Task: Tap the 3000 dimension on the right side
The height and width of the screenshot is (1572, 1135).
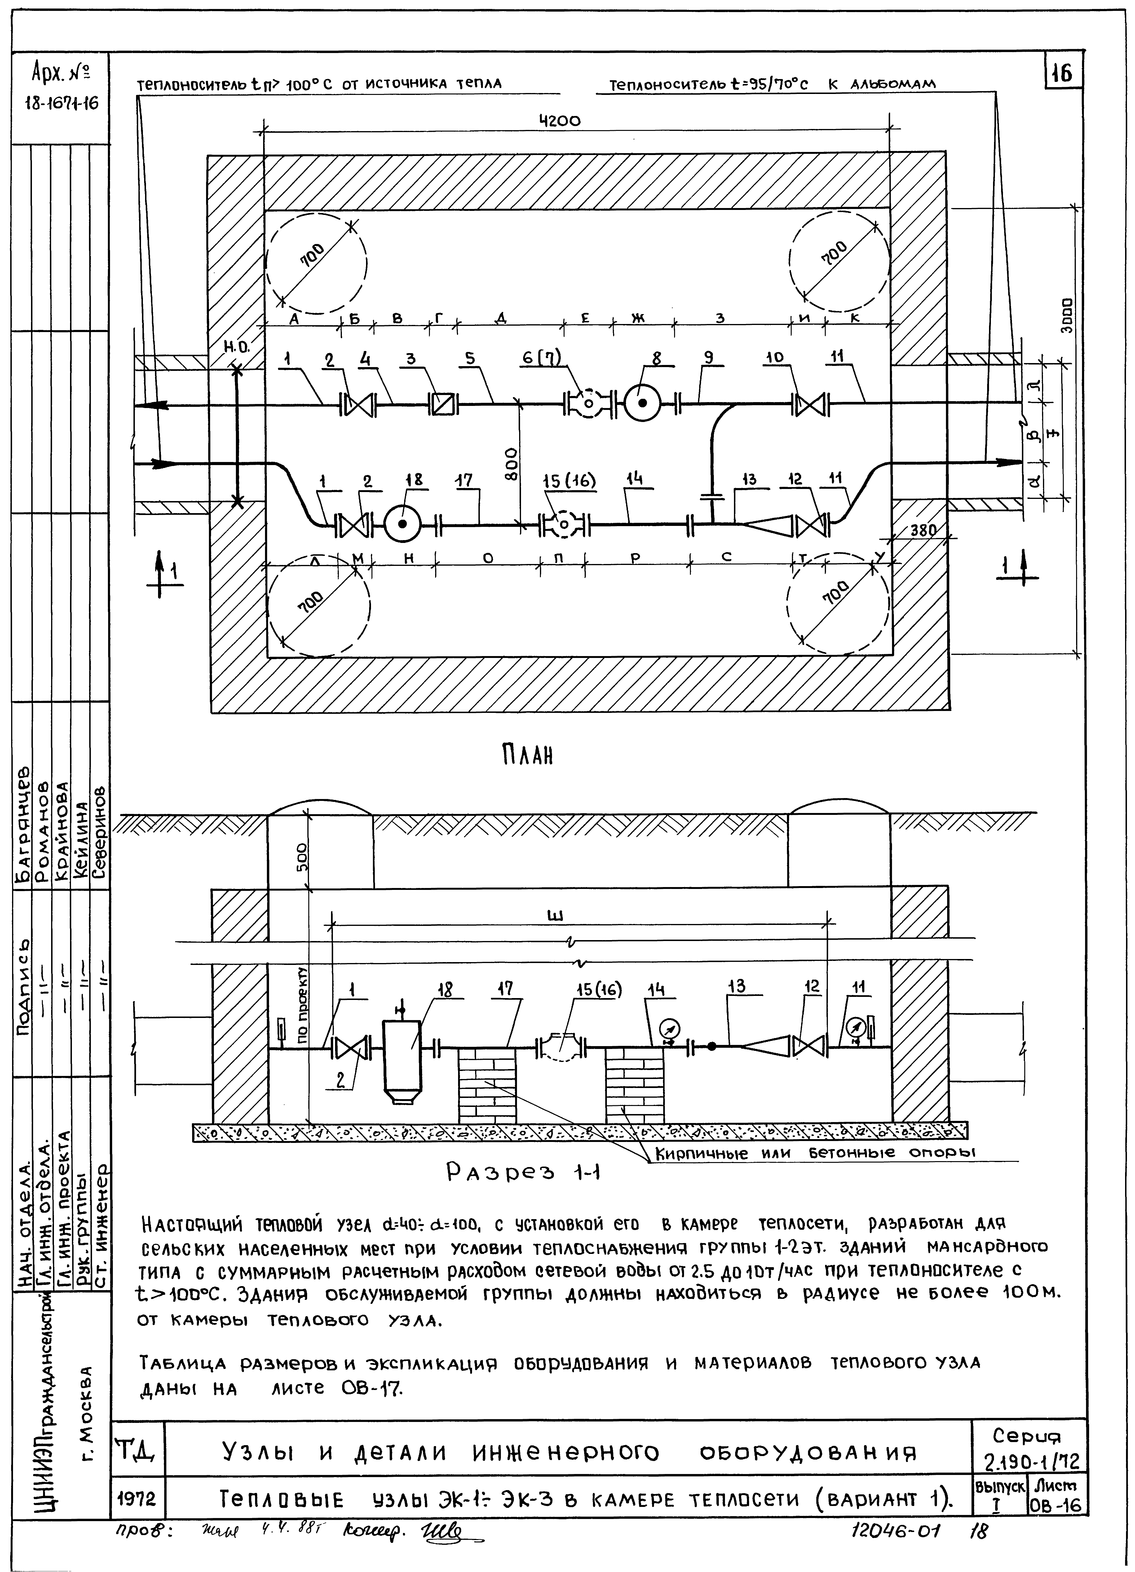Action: pos(1068,316)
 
